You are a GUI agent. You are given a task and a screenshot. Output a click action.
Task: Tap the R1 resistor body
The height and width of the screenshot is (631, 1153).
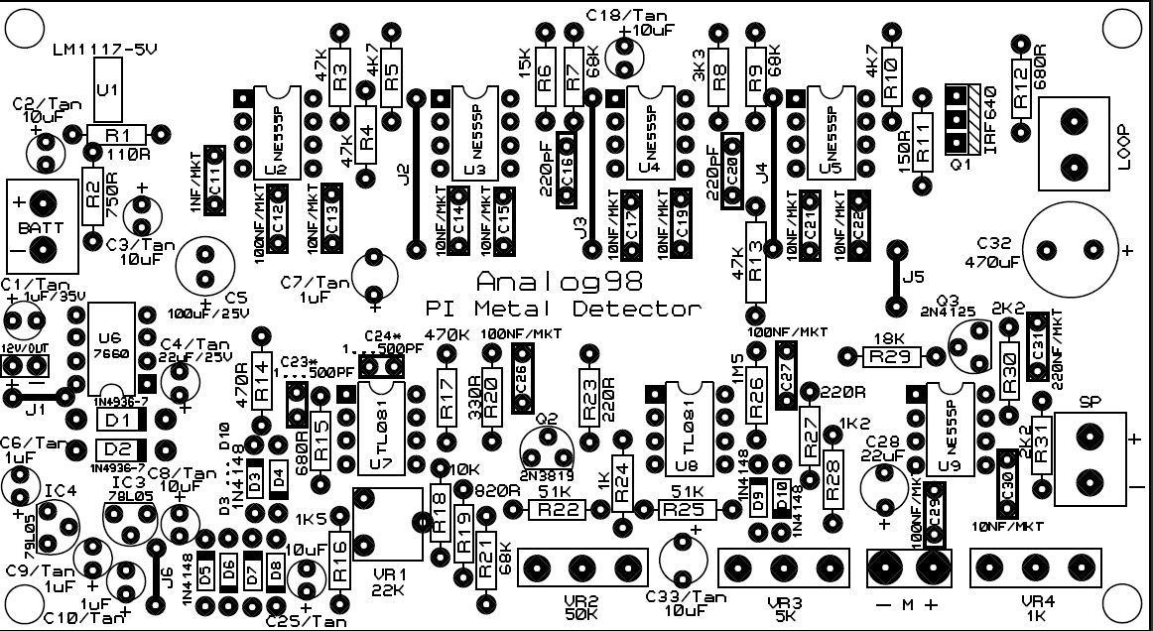coord(117,134)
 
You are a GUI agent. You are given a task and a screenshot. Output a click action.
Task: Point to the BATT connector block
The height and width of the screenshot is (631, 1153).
coord(42,226)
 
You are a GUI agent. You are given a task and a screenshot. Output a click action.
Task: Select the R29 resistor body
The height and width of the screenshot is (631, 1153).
coord(895,355)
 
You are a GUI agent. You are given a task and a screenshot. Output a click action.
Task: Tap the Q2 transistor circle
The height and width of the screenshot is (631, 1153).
coord(546,434)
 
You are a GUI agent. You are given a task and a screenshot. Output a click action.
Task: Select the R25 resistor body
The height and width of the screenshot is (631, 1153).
coord(687,510)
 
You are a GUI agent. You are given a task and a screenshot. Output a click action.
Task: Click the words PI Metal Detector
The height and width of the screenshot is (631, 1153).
coord(563,309)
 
